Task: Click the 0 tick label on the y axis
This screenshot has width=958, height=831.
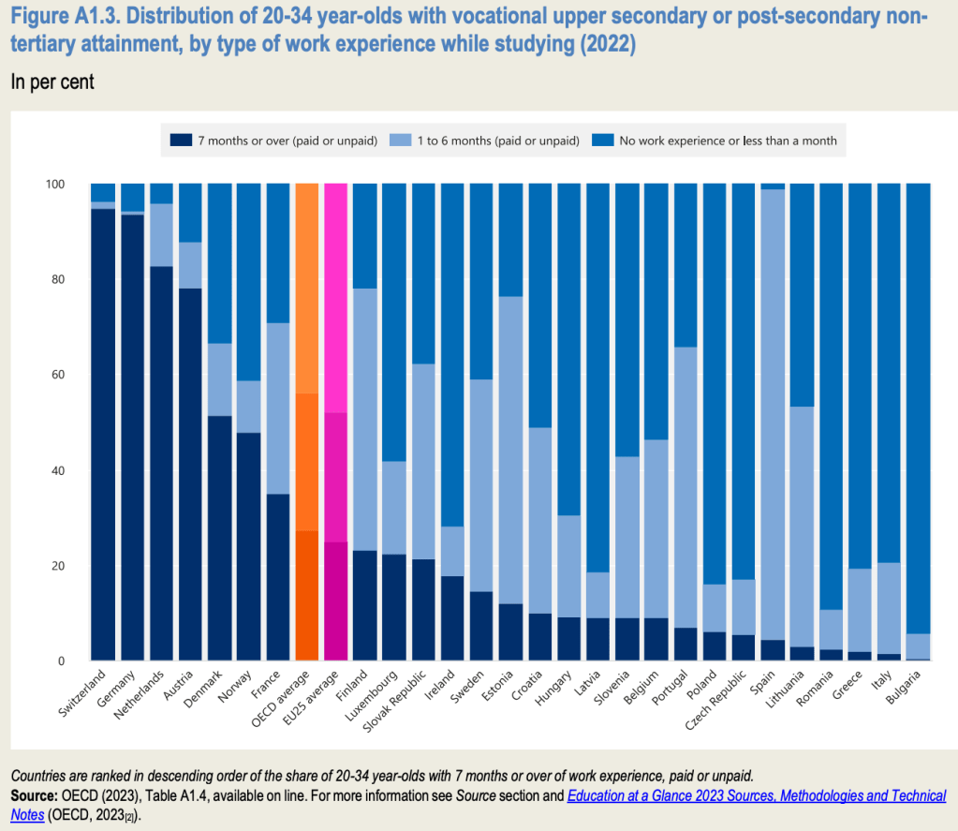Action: (x=60, y=661)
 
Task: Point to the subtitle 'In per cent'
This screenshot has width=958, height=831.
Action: (x=52, y=82)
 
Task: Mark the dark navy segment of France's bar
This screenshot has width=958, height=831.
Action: (x=277, y=577)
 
